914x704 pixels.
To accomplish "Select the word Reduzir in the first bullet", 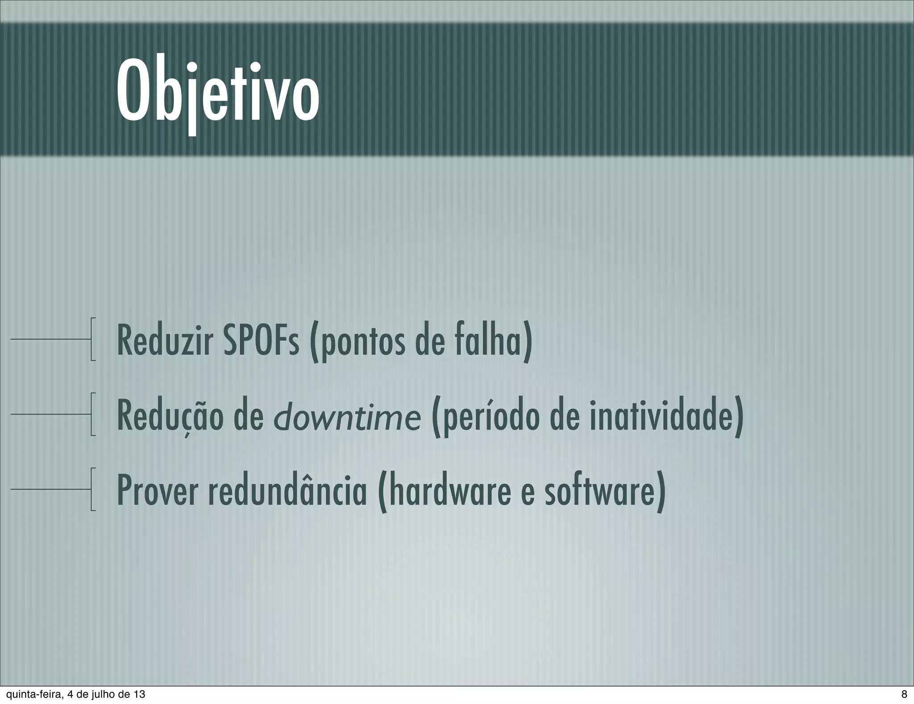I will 164,342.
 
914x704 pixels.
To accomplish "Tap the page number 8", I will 904,694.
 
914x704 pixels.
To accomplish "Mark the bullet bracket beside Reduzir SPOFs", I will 92,339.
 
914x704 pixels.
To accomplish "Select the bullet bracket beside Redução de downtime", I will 92,414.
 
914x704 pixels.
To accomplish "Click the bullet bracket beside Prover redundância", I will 92,489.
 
